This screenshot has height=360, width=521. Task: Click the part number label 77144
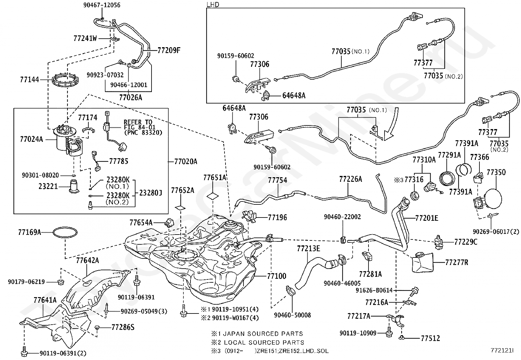click(29, 80)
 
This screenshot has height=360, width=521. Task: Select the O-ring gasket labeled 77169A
click(65, 228)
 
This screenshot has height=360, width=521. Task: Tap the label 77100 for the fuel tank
click(277, 276)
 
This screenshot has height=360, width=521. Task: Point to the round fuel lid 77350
click(494, 199)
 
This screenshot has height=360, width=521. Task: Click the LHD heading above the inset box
click(213, 5)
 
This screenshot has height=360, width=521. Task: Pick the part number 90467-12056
click(102, 5)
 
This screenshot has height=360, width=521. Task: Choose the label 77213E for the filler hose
click(308, 248)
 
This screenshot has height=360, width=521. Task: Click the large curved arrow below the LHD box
click(393, 126)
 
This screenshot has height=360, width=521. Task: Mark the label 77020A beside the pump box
click(186, 161)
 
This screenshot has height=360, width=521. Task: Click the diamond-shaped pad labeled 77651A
click(213, 196)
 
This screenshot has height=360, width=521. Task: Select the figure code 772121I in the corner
click(502, 350)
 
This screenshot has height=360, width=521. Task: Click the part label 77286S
click(123, 327)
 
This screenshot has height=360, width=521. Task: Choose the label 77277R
click(457, 262)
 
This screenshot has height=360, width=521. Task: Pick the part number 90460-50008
click(292, 315)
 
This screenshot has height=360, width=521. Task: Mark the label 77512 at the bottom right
click(430, 338)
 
